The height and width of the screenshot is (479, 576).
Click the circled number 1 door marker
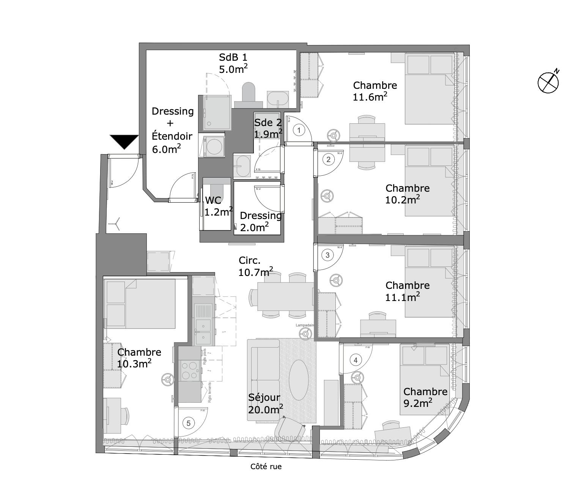(x=299, y=131)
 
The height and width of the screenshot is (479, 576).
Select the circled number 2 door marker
(x=328, y=159)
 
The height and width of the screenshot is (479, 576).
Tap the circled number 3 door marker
(x=328, y=255)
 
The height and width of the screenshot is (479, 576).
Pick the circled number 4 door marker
(x=355, y=360)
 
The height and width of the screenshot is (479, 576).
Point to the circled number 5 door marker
(x=189, y=423)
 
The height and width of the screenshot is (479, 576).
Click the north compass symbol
(x=548, y=82)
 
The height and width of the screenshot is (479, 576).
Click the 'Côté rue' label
(x=266, y=466)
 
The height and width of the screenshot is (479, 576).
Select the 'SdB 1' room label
(x=233, y=57)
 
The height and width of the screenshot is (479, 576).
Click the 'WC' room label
(x=213, y=200)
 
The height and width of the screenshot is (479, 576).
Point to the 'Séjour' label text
(x=264, y=397)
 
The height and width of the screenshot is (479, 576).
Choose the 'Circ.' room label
(x=250, y=260)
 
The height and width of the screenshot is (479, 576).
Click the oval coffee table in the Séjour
(x=299, y=379)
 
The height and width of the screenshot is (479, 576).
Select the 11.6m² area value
(x=370, y=97)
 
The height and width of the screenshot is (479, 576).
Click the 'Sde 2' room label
(x=268, y=123)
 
